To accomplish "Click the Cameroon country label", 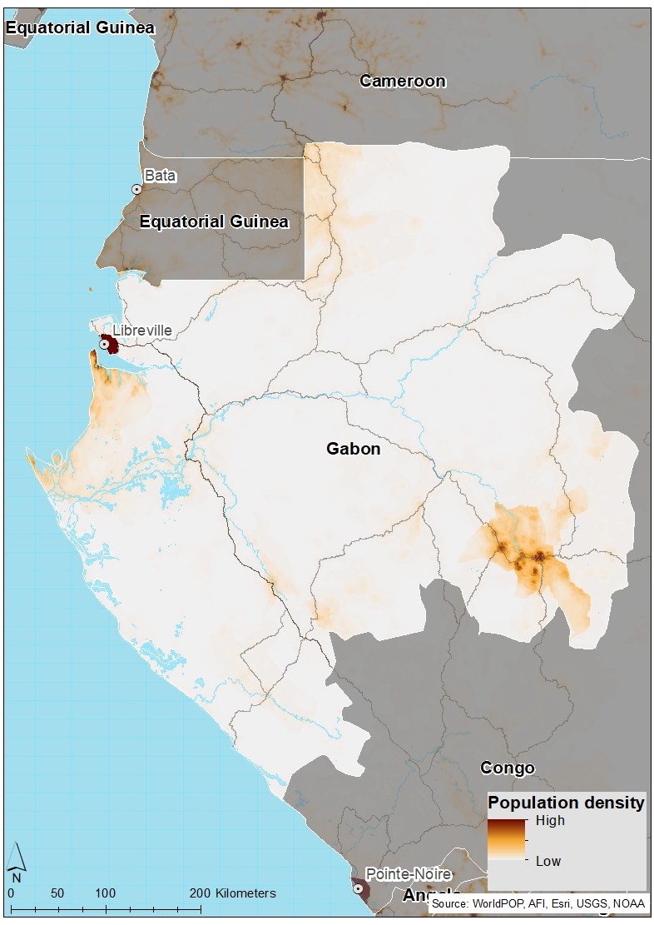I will tap(403, 82).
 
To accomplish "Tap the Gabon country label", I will tap(353, 449).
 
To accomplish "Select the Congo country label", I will tap(507, 768).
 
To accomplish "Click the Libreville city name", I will tap(142, 331).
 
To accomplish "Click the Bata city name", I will tap(160, 176).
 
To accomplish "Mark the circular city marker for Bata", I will tap(136, 190).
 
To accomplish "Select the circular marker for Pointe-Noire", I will tap(359, 888).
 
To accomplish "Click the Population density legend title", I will tap(566, 803).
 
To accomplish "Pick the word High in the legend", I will tap(550, 820).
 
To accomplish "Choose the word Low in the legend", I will tap(547, 861).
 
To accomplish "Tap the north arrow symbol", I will tap(16, 863).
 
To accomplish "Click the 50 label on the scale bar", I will tap(57, 893).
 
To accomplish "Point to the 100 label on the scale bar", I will tap(105, 893).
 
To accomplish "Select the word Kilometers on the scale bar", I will tap(245, 893).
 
